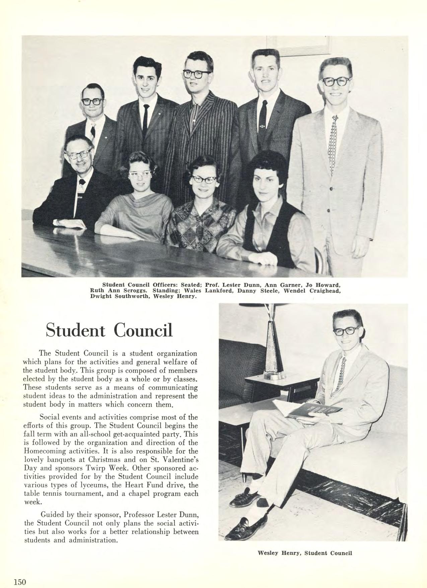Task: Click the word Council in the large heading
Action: click(x=143, y=330)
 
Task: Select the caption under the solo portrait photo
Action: click(x=305, y=553)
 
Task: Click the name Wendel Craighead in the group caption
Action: click(x=318, y=290)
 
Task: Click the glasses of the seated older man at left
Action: click(x=79, y=155)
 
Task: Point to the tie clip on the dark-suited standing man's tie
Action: click(x=263, y=127)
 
